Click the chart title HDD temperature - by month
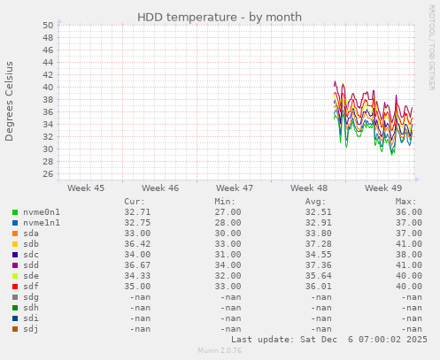[x=220, y=17]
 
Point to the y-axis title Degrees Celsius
[x=11, y=101]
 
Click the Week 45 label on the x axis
[x=86, y=188]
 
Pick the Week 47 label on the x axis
[x=235, y=188]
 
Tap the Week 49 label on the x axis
[x=382, y=188]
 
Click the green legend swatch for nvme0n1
[x=15, y=213]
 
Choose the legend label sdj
[x=32, y=328]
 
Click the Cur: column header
[x=135, y=202]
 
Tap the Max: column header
[x=406, y=202]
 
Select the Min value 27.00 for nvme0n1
[x=227, y=213]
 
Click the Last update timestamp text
[x=328, y=340]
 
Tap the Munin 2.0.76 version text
[x=220, y=351]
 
